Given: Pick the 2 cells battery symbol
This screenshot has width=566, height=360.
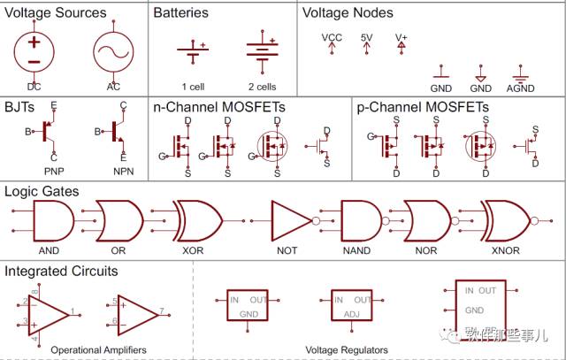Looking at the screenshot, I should (x=262, y=50).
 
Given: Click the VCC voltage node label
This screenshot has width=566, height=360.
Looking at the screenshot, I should (x=332, y=38).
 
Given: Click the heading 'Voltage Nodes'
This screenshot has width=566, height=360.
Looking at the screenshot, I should (x=348, y=13).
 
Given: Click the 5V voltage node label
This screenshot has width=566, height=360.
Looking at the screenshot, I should (x=367, y=38).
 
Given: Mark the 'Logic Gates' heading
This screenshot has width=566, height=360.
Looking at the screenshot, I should (x=42, y=191).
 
